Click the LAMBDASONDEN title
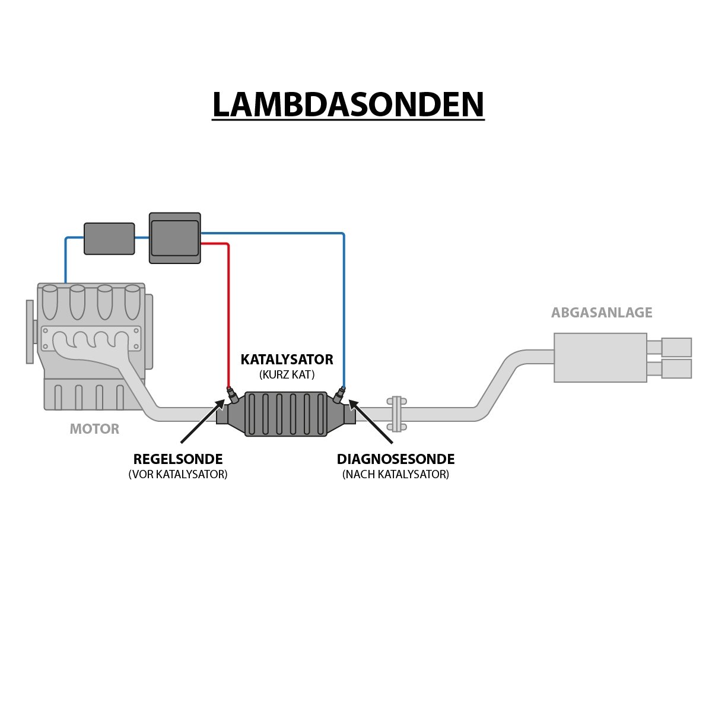pos(348,105)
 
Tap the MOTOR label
pos(94,428)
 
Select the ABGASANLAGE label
pos(602,313)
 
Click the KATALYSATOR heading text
pos(287,360)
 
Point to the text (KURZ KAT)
pos(287,375)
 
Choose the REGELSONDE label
pos(178,459)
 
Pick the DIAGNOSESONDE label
pos(396,459)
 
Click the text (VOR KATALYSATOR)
pos(178,475)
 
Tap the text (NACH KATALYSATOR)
pos(396,475)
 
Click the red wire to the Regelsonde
pos(228,314)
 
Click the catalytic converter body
pos(286,414)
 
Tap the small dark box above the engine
pos(109,239)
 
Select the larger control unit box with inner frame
pos(174,238)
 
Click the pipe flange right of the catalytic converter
pos(396,414)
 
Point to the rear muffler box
pos(600,357)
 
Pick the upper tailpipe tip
pos(676,347)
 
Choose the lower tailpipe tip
pos(676,368)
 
